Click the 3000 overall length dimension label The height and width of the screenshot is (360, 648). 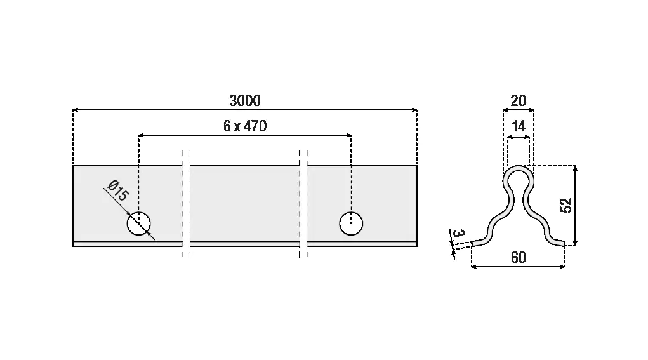245,100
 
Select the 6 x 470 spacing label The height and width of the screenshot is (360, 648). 245,126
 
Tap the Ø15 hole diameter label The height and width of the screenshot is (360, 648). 118,190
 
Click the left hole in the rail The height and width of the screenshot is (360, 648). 139,223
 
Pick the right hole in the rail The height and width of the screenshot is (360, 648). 351,223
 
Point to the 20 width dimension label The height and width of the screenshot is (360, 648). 519,100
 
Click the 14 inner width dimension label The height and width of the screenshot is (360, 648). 519,126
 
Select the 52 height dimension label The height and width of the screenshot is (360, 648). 566,206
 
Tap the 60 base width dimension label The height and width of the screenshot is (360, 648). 519,258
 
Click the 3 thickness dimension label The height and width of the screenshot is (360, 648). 459,233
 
